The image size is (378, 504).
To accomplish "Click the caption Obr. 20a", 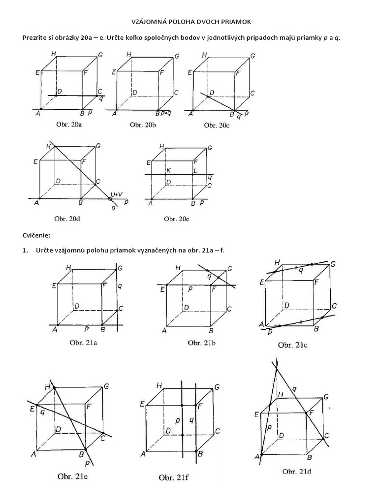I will point(69,125).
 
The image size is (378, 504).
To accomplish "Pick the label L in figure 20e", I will point(195,170).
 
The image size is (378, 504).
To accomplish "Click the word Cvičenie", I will point(36,235).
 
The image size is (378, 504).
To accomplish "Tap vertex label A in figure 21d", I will point(256,457).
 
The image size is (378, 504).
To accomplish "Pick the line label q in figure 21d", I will point(294,389).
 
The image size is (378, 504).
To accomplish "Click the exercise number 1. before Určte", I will point(25,251).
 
